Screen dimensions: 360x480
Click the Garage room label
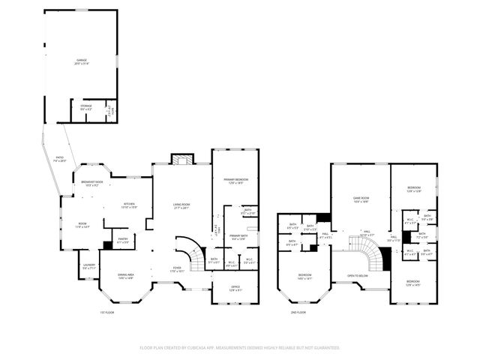pos(81,61)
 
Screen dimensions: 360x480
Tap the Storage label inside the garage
pos(86,108)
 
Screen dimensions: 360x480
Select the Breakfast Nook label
pos(94,184)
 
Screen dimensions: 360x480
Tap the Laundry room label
pos(89,266)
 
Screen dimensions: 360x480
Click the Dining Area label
pos(124,277)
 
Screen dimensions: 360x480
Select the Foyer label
pos(177,268)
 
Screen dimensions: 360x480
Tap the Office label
pos(235,288)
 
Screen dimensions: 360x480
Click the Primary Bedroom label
pos(235,181)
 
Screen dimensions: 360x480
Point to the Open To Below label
pos(357,276)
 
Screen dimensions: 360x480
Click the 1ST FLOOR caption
pos(107,312)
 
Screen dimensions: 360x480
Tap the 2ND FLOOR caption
pos(298,312)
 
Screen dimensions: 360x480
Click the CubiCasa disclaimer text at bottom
pos(240,348)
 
